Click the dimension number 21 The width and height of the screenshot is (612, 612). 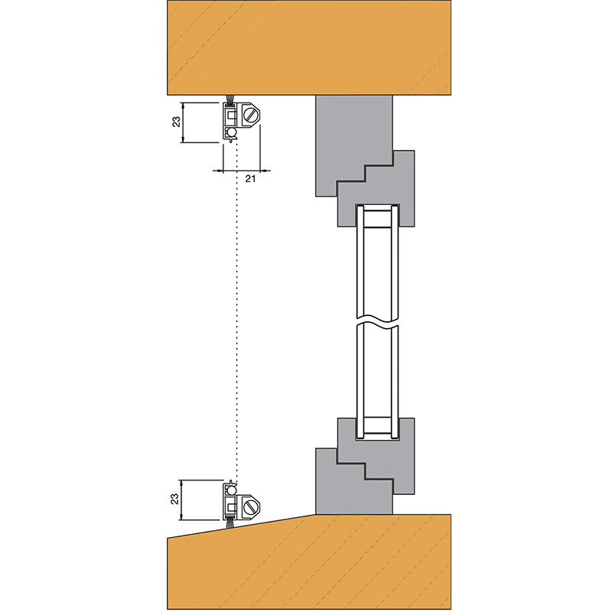point(249,178)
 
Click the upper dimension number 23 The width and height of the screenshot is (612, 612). point(175,122)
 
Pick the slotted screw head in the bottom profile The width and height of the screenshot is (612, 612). point(251,506)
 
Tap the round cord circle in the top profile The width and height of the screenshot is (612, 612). point(231,132)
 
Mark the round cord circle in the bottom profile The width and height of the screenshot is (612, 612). point(231,490)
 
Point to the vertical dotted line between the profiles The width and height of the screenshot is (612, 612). point(236,306)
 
